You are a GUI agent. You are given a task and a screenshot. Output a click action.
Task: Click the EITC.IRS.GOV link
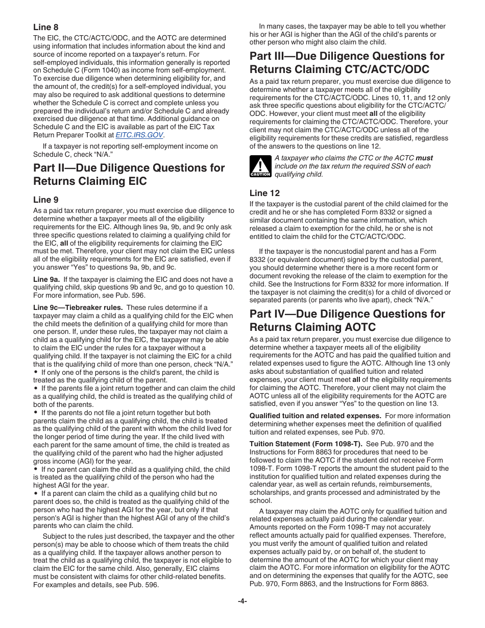point(139,135)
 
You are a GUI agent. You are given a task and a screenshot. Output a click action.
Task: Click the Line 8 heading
point(46,27)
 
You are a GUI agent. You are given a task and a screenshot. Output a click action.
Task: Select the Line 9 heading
point(46,200)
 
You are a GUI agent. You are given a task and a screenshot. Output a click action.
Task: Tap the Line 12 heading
point(264,193)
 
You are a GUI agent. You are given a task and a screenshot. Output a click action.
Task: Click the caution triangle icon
point(260,167)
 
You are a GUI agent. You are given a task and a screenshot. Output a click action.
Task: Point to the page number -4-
point(243,601)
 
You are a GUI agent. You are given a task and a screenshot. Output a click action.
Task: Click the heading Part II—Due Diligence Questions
point(129,168)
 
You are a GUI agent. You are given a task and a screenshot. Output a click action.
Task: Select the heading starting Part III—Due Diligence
point(347,56)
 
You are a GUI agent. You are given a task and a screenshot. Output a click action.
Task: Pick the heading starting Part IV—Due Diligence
point(347,314)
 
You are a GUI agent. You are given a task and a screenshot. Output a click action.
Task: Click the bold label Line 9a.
point(46,279)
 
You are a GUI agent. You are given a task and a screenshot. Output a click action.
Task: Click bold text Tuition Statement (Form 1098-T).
point(290,444)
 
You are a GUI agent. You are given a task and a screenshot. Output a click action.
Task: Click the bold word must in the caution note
point(424,158)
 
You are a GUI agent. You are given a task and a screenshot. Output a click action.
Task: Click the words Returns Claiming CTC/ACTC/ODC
point(339,69)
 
